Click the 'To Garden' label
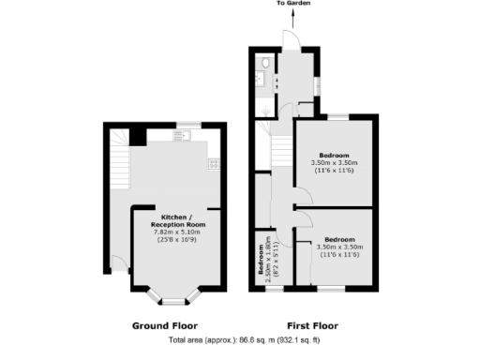click(x=292, y=4)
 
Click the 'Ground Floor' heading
click(x=163, y=326)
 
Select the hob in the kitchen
click(x=212, y=163)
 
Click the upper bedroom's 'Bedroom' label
click(x=335, y=155)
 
